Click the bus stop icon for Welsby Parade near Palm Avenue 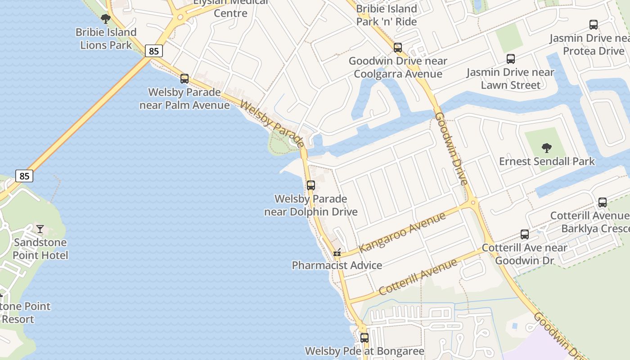tap(184, 79)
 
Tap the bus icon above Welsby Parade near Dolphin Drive tap(310, 185)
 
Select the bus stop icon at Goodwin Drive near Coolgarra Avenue tap(397, 47)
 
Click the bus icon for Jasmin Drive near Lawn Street tap(510, 58)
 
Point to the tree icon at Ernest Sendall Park tap(546, 148)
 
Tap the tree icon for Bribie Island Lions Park tap(106, 19)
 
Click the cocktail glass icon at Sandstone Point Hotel tap(40, 229)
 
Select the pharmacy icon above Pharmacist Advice tap(337, 252)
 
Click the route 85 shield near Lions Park tap(154, 51)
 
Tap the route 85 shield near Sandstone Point tap(24, 175)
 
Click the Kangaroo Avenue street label tap(402, 231)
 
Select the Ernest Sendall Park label tap(547, 161)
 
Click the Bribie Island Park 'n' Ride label tap(386, 15)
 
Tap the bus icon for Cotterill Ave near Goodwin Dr tap(524, 234)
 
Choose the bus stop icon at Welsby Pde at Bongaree tap(364, 337)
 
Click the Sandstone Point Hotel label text tap(40, 249)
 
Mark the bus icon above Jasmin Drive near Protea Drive tap(593, 25)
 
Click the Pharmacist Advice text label tap(337, 265)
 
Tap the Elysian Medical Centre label tap(230, 8)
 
